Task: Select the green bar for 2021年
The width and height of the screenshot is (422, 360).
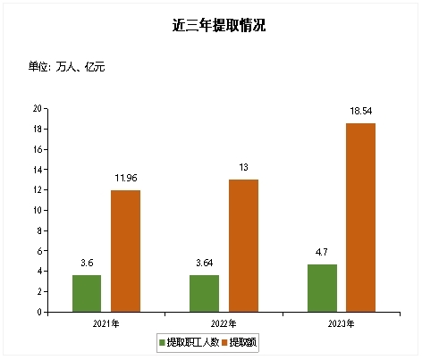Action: click(87, 294)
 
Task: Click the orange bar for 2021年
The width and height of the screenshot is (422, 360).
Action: click(125, 251)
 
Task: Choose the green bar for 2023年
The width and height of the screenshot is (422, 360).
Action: click(322, 289)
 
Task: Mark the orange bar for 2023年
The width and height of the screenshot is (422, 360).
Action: click(361, 218)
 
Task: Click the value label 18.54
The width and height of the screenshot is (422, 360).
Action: click(361, 111)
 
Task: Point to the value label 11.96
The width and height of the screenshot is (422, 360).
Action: click(125, 178)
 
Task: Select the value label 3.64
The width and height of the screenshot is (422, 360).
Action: click(205, 263)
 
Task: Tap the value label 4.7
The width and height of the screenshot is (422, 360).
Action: click(322, 252)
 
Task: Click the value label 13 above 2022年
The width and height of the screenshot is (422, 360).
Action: click(243, 167)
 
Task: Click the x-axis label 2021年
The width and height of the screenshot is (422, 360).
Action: click(106, 323)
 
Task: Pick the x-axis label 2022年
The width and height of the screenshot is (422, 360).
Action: click(224, 323)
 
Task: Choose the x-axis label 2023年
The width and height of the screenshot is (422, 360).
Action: click(342, 323)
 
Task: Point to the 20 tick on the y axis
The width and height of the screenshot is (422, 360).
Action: click(38, 109)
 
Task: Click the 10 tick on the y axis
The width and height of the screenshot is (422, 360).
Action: click(38, 211)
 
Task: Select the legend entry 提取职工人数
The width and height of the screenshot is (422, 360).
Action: click(191, 342)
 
